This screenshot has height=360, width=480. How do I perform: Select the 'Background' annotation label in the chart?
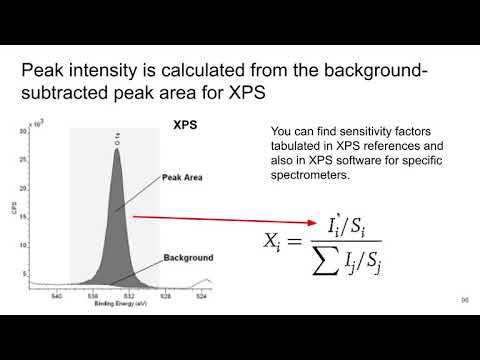[x=180, y=257]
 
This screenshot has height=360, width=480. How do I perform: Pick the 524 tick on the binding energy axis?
[x=202, y=296]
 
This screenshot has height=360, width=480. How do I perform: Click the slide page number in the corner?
[x=464, y=301]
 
